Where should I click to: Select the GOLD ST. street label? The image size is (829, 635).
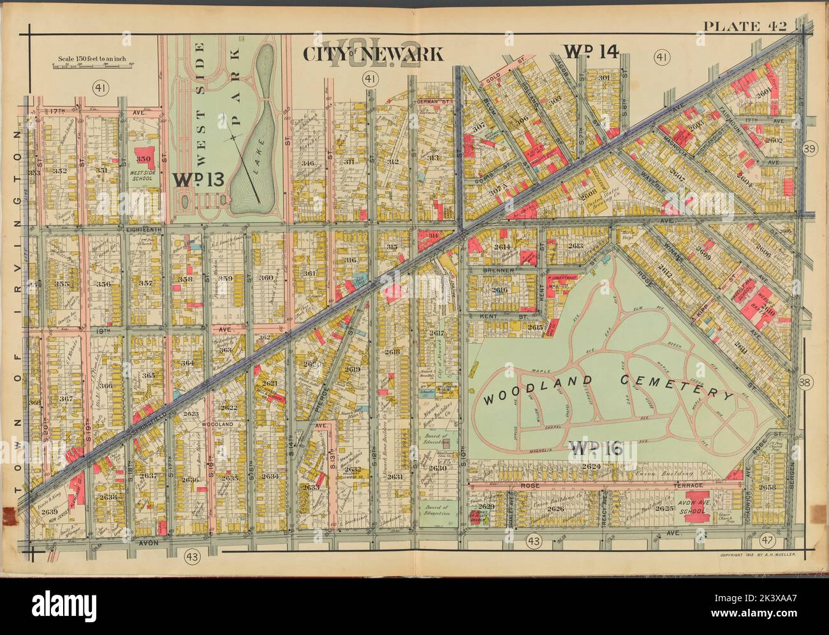tap(514, 78)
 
